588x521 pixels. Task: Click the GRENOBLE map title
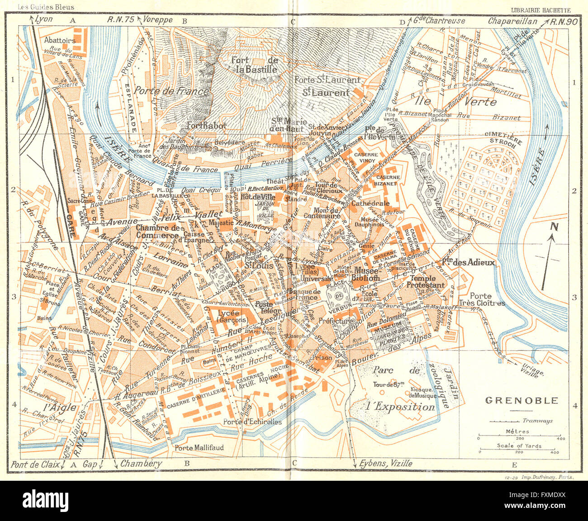tap(522, 400)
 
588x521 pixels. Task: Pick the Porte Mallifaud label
tap(199, 448)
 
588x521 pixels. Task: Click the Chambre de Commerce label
tap(156, 232)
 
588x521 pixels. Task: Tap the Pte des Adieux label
tap(468, 262)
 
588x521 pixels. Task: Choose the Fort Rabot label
tap(206, 126)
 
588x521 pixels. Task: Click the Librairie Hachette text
tap(540, 9)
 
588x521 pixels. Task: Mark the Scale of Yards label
tap(519, 445)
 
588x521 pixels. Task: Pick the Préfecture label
tap(335, 321)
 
